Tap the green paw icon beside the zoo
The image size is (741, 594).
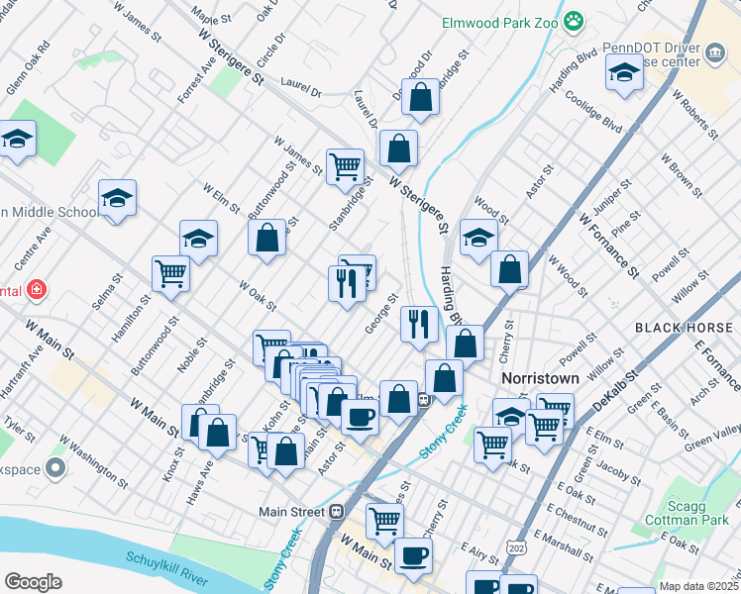tap(573, 19)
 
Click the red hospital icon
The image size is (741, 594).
tap(37, 289)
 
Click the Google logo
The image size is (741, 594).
tap(33, 582)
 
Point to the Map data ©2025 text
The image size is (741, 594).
tap(697, 586)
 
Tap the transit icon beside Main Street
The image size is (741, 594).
tap(336, 511)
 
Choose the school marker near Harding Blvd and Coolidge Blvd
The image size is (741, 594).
tap(624, 74)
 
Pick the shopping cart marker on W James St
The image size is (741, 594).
tap(345, 166)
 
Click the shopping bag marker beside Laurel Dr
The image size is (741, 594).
tap(420, 98)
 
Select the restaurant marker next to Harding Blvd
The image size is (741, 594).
tap(419, 324)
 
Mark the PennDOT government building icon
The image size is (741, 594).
tap(713, 53)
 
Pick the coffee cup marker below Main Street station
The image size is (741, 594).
tap(412, 554)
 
